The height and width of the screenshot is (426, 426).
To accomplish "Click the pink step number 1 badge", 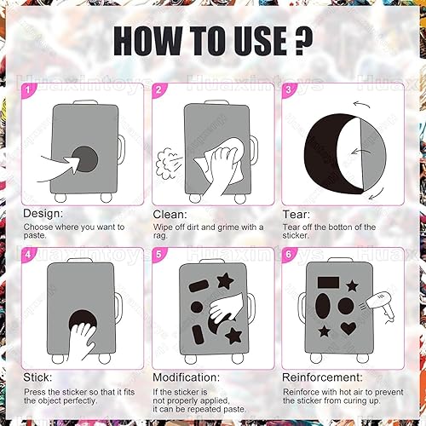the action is (28, 90).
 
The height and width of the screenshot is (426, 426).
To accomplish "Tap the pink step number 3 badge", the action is (289, 90).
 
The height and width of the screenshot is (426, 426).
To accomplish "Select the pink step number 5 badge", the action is (158, 254).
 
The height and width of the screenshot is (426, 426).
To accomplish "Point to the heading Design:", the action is (43, 214).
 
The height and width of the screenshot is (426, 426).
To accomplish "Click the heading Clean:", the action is (170, 215).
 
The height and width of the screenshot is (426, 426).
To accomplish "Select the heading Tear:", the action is (296, 215).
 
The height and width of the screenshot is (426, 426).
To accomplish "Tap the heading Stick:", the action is (37, 377).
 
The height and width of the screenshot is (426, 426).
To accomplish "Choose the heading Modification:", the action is (187, 377).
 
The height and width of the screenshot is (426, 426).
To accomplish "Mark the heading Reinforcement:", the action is (322, 377).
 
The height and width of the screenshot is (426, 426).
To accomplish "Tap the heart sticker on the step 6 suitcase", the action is (348, 328).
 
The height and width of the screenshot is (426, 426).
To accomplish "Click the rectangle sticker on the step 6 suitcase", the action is (328, 283).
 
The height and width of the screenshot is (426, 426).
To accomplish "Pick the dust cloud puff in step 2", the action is (164, 164).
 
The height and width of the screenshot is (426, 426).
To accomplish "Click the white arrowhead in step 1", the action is (73, 164).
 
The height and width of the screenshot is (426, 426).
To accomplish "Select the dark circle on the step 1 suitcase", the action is (84, 159).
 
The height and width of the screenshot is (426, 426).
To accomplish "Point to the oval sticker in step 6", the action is (323, 306).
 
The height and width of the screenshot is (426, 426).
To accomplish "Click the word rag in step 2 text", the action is (160, 236).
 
